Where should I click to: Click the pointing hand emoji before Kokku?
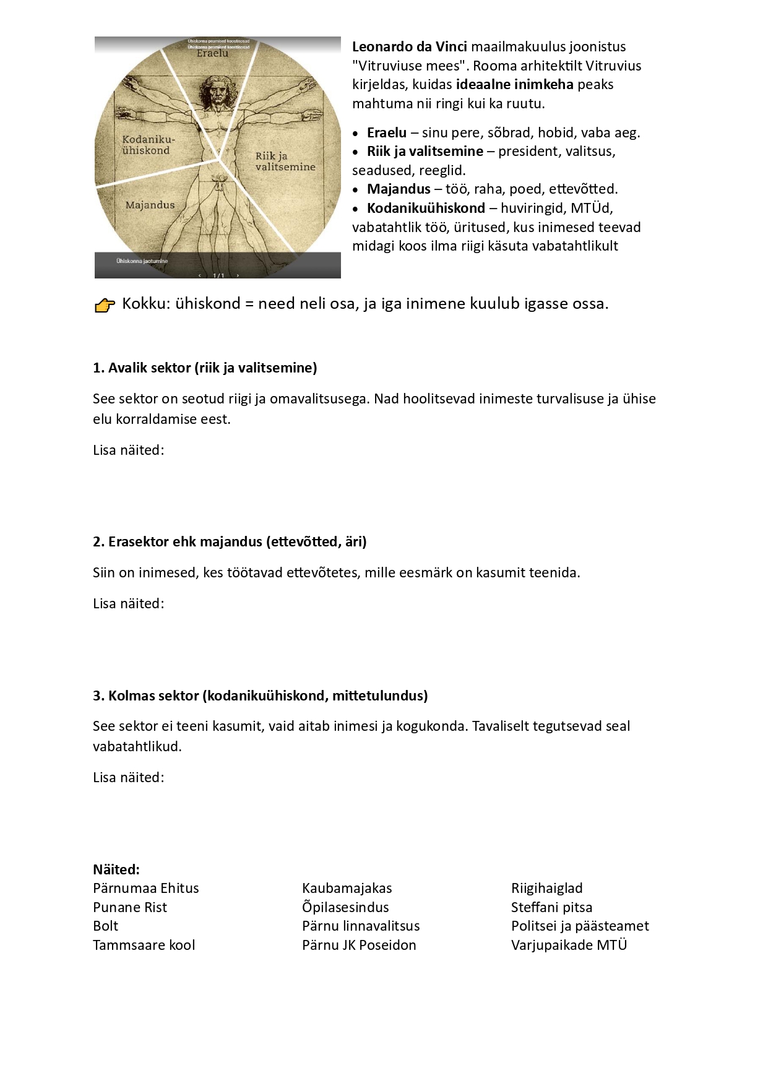click(105, 305)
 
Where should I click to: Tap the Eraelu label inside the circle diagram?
click(212, 53)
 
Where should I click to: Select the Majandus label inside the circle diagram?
click(150, 205)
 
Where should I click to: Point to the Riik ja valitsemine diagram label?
click(285, 161)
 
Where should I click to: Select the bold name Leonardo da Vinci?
click(409, 46)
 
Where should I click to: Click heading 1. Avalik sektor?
click(205, 368)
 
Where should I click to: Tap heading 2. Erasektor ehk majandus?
click(230, 541)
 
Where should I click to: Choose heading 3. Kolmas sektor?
click(260, 696)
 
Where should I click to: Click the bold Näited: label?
click(116, 869)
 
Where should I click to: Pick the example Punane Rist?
click(130, 907)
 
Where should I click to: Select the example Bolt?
click(105, 926)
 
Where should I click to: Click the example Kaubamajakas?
click(347, 888)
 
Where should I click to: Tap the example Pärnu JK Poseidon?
click(359, 945)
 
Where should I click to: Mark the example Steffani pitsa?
click(551, 907)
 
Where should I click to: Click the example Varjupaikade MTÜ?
click(569, 945)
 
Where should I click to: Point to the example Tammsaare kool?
click(144, 945)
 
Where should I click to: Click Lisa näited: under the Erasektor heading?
click(129, 603)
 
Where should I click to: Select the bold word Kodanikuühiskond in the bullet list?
click(426, 208)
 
